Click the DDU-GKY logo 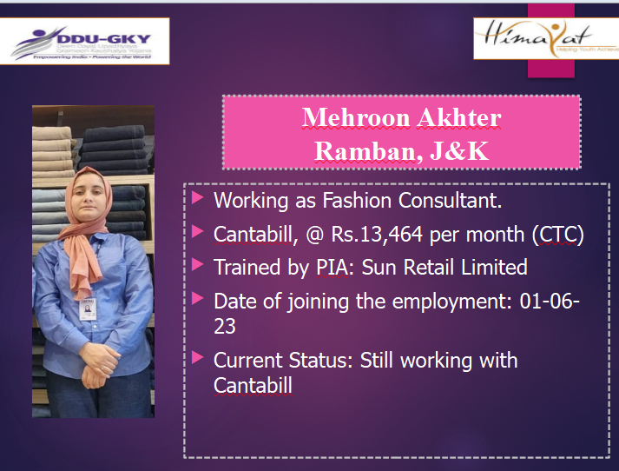click(84, 41)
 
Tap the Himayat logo click(546, 38)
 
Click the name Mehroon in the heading click(356, 118)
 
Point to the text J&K click(459, 151)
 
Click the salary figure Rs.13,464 click(377, 235)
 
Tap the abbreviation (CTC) click(558, 235)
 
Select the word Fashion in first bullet click(357, 201)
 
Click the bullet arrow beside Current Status click(197, 358)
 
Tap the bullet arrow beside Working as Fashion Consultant click(197, 197)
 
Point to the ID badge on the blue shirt click(88, 309)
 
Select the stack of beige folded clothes click(53, 151)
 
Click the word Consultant click(450, 201)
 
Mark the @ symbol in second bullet click(314, 235)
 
